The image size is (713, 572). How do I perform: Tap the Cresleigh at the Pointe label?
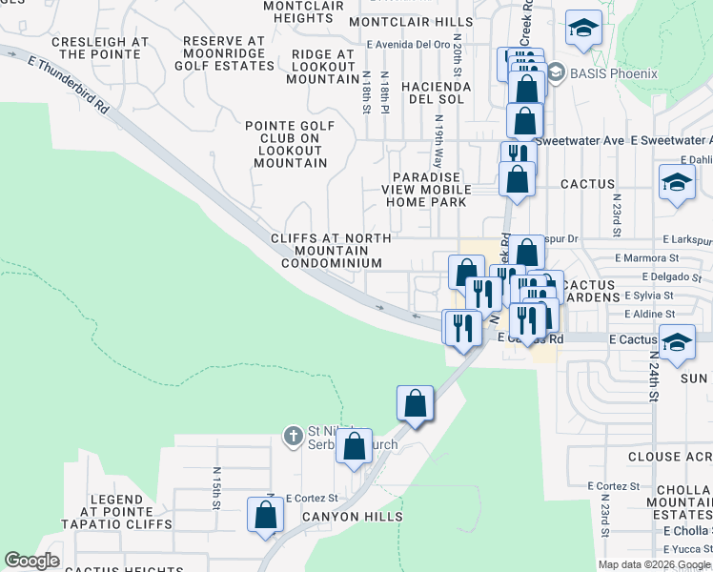100,49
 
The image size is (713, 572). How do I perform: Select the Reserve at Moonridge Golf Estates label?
223,55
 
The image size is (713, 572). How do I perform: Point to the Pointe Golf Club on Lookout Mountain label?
290,144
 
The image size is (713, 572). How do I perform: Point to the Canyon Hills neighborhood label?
352,517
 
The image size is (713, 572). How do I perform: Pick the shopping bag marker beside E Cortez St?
266,515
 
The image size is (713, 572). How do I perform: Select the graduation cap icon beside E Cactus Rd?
677,342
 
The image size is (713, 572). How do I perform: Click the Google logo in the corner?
31,561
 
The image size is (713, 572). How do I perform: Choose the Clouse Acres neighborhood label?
669,457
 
